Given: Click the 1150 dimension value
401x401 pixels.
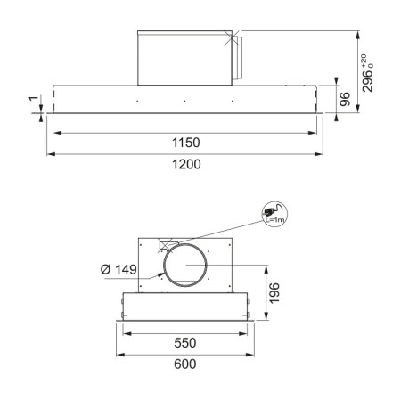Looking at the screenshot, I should (185, 143).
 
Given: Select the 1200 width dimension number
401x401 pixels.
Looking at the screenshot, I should (185, 164).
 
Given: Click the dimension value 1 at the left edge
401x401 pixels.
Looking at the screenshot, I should (32, 104).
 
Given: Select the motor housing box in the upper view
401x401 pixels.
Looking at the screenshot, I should (185, 57).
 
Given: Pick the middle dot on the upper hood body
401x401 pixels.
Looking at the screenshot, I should (184, 100).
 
